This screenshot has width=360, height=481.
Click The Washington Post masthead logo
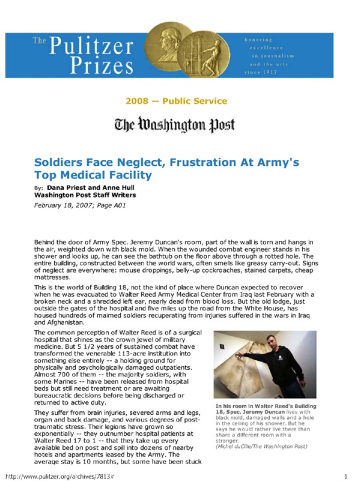[x=175, y=125]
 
